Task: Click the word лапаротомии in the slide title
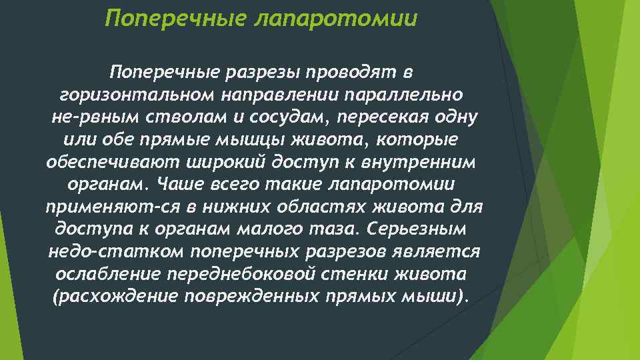pyautogui.click(x=336, y=19)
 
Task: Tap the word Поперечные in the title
pyautogui.click(x=175, y=19)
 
